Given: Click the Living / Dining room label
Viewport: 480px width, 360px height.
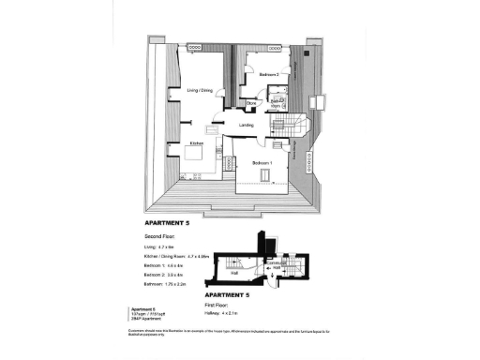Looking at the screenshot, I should pyautogui.click(x=200, y=90).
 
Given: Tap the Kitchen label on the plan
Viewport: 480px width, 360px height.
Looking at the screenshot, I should pyautogui.click(x=197, y=142).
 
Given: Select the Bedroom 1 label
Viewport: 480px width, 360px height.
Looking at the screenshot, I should pyautogui.click(x=262, y=163).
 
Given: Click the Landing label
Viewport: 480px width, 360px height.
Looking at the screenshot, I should pyautogui.click(x=247, y=124).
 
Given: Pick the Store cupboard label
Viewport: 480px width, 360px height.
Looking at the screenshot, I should pyautogui.click(x=252, y=103).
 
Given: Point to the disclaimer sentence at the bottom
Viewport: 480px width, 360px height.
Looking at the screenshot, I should pyautogui.click(x=230, y=333).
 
